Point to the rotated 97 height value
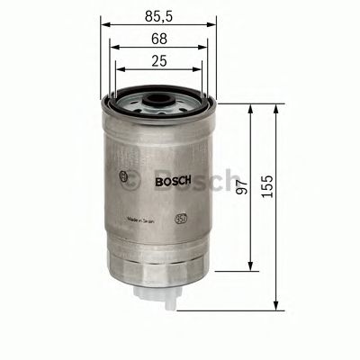point(239,187)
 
